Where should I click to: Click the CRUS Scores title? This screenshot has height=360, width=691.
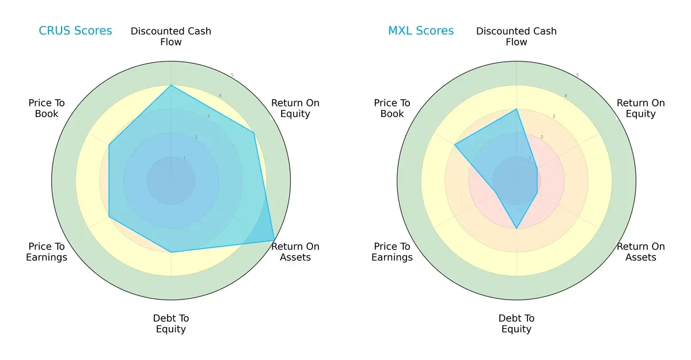click(75, 31)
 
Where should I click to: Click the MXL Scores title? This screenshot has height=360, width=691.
click(421, 31)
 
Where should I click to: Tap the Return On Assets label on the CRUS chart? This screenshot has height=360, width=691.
click(295, 252)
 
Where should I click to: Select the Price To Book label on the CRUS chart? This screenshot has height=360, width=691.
click(47, 108)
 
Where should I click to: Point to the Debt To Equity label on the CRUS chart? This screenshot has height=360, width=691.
click(171, 324)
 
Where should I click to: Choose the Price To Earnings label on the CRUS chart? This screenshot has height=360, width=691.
click(47, 252)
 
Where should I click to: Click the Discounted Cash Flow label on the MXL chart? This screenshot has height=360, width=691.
click(517, 36)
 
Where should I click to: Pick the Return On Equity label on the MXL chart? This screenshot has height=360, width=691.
click(641, 108)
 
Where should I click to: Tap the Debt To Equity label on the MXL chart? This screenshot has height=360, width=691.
click(517, 324)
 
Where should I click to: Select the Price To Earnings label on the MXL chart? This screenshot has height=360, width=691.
click(392, 252)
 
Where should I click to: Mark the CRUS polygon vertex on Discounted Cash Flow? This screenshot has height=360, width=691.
click(171, 86)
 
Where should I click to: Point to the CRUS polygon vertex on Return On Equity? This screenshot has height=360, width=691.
click(253, 133)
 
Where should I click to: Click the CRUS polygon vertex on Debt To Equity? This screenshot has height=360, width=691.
click(171, 252)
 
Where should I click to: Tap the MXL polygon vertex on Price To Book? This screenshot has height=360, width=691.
click(455, 145)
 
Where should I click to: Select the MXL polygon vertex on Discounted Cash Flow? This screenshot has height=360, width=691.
click(517, 109)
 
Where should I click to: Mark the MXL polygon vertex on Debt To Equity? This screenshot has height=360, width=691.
click(517, 229)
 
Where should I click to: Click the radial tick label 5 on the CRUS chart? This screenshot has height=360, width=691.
click(232, 75)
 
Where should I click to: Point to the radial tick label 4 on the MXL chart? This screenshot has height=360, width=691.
click(565, 96)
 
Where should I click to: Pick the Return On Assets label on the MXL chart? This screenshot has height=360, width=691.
click(641, 252)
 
